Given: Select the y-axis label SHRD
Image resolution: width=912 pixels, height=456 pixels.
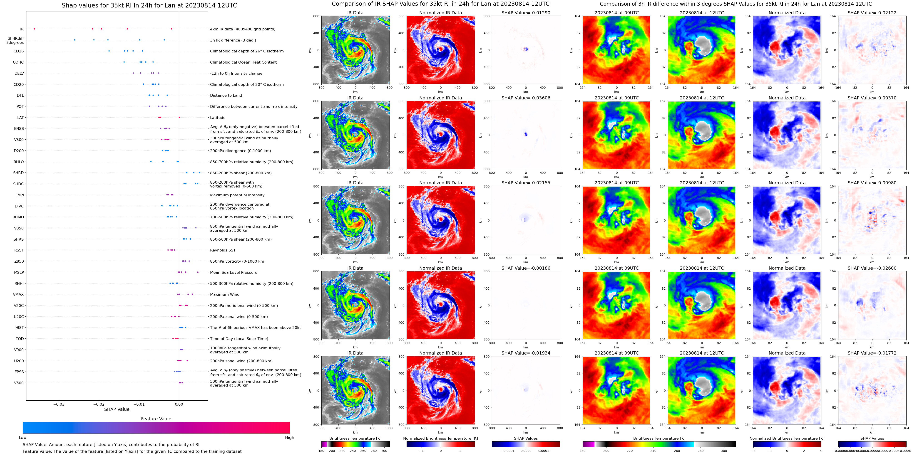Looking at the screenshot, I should click(18, 173).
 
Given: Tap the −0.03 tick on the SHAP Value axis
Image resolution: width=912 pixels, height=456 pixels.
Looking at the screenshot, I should click(59, 404).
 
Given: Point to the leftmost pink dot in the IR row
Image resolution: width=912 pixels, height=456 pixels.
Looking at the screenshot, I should click(34, 29).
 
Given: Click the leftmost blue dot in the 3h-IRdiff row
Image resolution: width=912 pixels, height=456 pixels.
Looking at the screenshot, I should click(75, 40).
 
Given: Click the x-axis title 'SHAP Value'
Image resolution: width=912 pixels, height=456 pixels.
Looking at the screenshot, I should click(117, 409).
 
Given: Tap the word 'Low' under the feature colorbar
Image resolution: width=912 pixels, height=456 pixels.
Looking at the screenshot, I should click(23, 438).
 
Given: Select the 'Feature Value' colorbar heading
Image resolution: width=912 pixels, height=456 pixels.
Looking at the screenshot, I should click(156, 419).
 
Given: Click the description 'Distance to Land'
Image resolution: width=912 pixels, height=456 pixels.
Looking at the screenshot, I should click(226, 96).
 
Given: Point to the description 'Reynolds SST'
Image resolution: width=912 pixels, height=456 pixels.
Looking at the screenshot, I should click(223, 250).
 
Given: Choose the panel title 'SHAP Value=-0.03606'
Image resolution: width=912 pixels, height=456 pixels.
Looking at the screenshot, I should click(526, 98).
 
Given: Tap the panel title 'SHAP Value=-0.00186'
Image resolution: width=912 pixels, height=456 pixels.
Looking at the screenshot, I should click(526, 268).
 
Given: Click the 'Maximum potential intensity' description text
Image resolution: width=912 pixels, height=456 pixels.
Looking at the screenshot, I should click(237, 195).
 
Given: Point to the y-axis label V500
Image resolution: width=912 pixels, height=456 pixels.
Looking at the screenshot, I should click(19, 383).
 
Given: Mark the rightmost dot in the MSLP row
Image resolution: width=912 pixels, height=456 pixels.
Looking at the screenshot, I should click(198, 272).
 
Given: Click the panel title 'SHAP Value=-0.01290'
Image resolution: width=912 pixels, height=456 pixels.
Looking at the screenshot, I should click(526, 13).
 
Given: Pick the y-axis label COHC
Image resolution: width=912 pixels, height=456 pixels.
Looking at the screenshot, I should click(18, 62).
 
